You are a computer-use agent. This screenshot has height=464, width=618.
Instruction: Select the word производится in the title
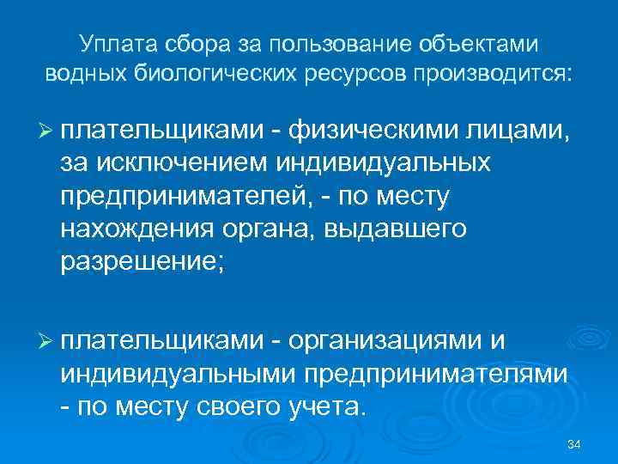pyautogui.click(x=492, y=73)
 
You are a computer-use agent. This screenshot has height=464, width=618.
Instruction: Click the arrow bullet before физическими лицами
pyautogui.click(x=47, y=130)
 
